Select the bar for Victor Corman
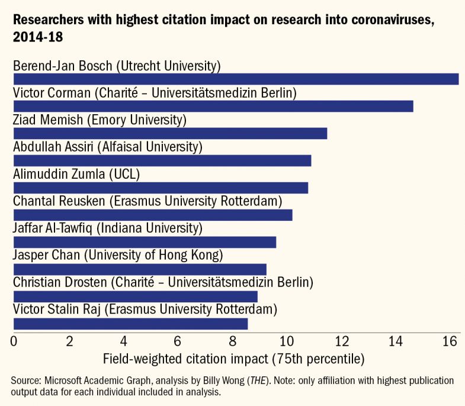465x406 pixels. [213, 107]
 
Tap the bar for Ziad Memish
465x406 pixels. [170, 134]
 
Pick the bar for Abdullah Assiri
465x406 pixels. [162, 160]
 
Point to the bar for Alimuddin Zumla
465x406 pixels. [161, 188]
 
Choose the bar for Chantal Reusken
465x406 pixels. [153, 215]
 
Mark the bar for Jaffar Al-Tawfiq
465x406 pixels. [145, 242]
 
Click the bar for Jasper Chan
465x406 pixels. [140, 269]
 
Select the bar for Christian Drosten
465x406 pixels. [135, 296]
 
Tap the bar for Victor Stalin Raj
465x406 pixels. [130, 324]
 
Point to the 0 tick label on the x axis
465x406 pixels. [14, 341]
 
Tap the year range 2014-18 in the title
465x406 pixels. [39, 37]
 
